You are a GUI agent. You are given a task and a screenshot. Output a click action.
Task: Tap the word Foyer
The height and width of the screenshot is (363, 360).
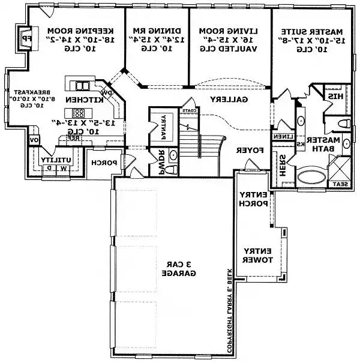(248, 150)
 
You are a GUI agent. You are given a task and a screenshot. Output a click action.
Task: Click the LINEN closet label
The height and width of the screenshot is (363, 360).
(284, 136)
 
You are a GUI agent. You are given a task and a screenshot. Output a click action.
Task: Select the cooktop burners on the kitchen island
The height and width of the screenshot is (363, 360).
(78, 113)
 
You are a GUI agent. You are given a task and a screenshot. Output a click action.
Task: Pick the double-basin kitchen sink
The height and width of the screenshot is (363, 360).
(79, 83)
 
